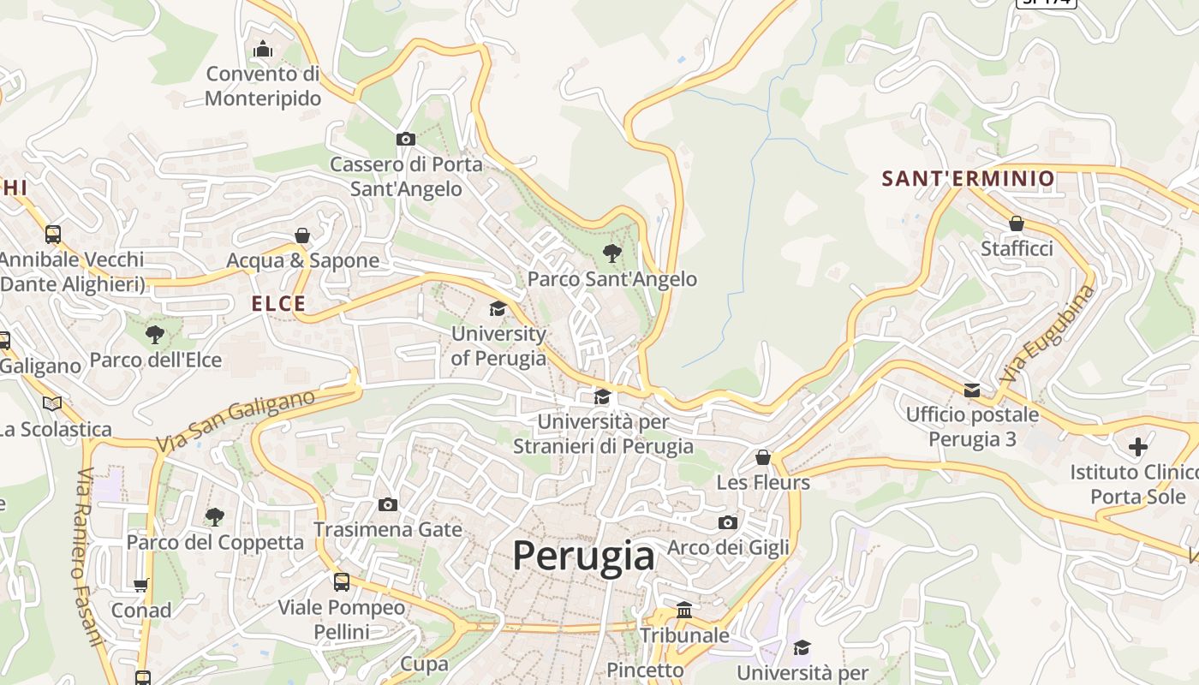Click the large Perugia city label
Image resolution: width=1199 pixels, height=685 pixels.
583,556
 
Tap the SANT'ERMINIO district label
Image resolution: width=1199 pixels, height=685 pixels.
968,179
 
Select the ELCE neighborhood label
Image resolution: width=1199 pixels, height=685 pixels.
278,303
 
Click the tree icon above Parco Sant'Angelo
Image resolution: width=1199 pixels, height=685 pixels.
611,253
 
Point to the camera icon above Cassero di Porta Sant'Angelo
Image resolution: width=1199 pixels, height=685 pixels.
406,139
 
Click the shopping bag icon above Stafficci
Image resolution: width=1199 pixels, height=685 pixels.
1016,223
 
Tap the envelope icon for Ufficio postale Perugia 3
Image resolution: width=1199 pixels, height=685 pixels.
971,390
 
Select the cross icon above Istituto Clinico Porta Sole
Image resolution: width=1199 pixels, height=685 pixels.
1137,446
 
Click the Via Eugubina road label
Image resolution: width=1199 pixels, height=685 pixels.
1047,334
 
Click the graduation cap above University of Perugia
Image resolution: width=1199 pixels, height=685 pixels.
498,309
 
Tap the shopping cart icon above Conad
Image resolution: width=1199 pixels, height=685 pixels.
141,586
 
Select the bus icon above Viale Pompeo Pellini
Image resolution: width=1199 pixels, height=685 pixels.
341,582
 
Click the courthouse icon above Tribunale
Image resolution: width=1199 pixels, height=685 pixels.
684,610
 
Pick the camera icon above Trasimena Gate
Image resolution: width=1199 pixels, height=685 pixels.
388,504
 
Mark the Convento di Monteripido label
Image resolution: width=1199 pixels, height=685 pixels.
263,86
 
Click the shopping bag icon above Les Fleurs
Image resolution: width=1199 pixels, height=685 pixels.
763,457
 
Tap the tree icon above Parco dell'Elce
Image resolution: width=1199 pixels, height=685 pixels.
155,334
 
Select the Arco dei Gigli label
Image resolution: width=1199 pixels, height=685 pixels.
728,547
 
